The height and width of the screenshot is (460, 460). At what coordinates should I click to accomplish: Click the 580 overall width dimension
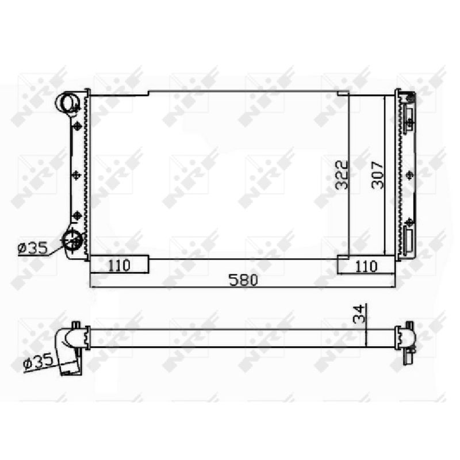[x=243, y=280]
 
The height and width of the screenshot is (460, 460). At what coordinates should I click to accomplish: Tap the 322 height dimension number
[x=342, y=175]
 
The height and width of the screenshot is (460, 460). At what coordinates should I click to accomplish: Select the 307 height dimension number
[x=378, y=175]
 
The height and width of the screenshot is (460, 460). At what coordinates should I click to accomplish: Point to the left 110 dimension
[x=119, y=266]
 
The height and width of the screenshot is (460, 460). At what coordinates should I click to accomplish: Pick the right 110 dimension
[x=366, y=266]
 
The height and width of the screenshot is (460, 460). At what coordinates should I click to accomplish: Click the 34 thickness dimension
[x=359, y=314]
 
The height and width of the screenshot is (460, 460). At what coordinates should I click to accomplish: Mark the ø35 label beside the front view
[x=32, y=248]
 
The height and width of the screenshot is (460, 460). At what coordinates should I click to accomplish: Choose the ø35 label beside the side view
[x=38, y=361]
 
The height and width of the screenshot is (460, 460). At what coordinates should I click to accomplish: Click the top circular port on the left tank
[x=67, y=102]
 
